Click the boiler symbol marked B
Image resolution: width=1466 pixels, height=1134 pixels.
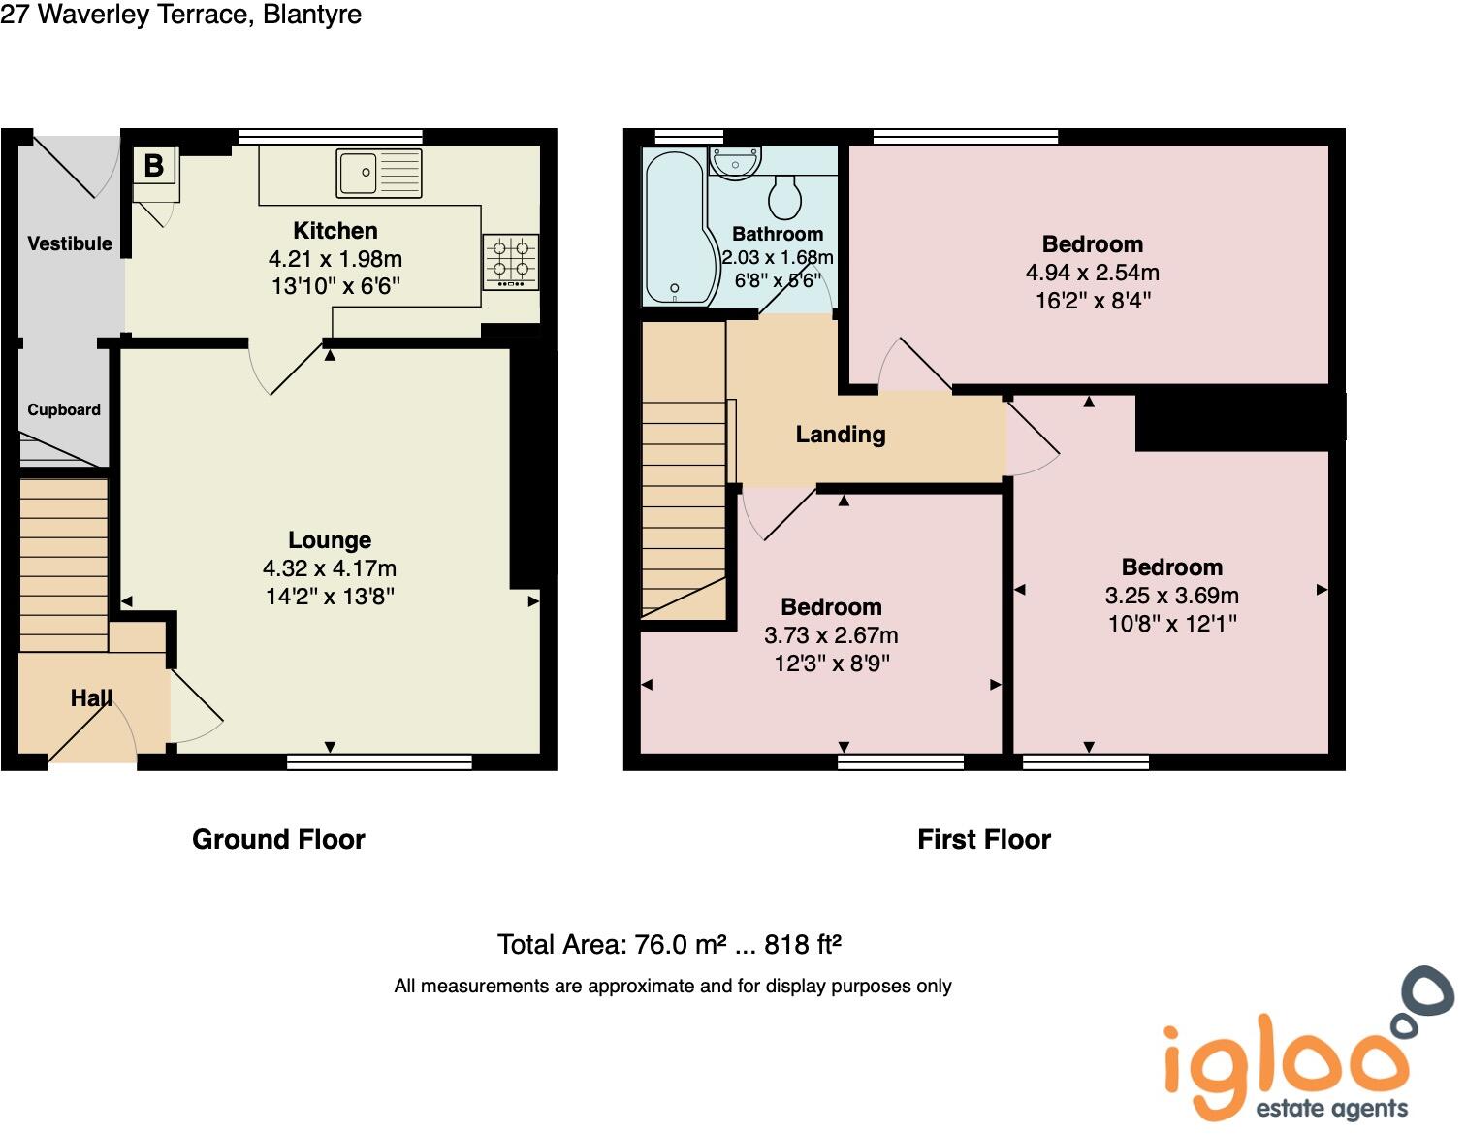pos(154,166)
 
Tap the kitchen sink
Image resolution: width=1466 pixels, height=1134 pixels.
pos(379,173)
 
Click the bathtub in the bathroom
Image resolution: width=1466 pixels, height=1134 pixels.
pos(674,226)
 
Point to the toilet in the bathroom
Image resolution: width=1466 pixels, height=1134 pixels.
pos(784,197)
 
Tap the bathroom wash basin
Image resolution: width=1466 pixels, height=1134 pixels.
pos(735,161)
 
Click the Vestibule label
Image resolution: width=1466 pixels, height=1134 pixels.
pos(70,243)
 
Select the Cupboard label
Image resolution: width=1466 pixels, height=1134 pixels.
pos(64,409)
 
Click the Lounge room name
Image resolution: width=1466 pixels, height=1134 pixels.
pos(330,540)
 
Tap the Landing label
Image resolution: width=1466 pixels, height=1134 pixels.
pos(841,435)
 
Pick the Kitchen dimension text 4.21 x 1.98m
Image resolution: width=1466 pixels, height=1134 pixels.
pos(335,259)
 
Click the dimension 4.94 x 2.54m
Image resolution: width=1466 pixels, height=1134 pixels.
pos(1093,273)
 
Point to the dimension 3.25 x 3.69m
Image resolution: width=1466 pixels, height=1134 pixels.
pos(1172,596)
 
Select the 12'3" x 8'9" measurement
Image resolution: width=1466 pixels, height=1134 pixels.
pos(831,664)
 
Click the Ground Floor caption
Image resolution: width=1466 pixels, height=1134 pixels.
pos(278,839)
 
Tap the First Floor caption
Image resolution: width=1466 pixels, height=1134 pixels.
pos(984,839)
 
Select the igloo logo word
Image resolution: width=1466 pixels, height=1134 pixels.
pos(1285,1064)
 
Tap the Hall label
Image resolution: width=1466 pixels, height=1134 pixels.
pos(91,698)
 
